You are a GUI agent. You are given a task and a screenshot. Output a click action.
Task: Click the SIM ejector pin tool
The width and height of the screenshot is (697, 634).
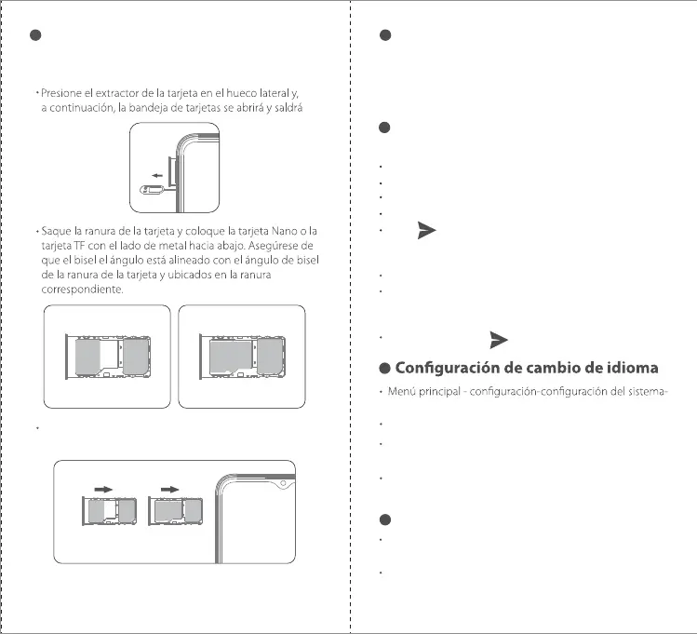(150, 190)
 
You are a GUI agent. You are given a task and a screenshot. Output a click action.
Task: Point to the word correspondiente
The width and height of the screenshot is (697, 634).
(83, 290)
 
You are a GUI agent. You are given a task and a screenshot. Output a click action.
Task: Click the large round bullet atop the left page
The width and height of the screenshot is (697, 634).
(35, 35)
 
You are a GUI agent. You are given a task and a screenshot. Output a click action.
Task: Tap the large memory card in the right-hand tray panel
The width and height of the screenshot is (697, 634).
(228, 357)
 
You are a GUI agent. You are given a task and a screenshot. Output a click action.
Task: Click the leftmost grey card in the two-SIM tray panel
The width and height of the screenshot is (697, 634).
(88, 355)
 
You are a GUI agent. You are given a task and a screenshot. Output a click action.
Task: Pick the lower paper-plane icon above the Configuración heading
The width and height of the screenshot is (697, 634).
(496, 337)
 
